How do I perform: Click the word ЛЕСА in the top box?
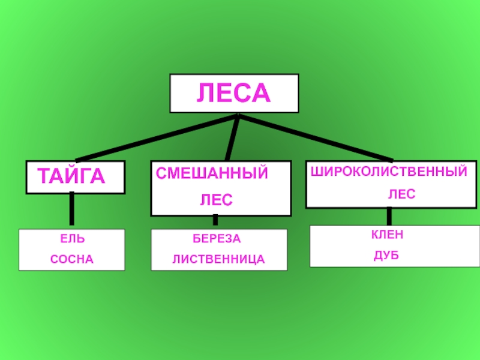[234, 93]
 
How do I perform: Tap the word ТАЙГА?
[71, 176]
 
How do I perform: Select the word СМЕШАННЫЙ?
[212, 173]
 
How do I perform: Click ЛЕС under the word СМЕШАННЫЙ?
[216, 198]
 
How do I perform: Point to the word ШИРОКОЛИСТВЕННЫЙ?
[388, 172]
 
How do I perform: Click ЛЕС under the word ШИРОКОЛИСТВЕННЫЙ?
[401, 194]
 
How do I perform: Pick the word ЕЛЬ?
[72, 239]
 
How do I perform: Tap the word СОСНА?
[72, 259]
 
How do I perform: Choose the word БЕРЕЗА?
[216, 239]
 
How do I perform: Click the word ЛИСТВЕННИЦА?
[218, 260]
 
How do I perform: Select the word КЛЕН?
[387, 235]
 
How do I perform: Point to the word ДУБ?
[386, 256]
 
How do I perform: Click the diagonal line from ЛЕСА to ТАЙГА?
[150, 138]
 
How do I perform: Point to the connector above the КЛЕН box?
[389, 216]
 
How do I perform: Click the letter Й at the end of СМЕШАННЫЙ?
[262, 173]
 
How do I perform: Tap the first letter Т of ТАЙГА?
[43, 176]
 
